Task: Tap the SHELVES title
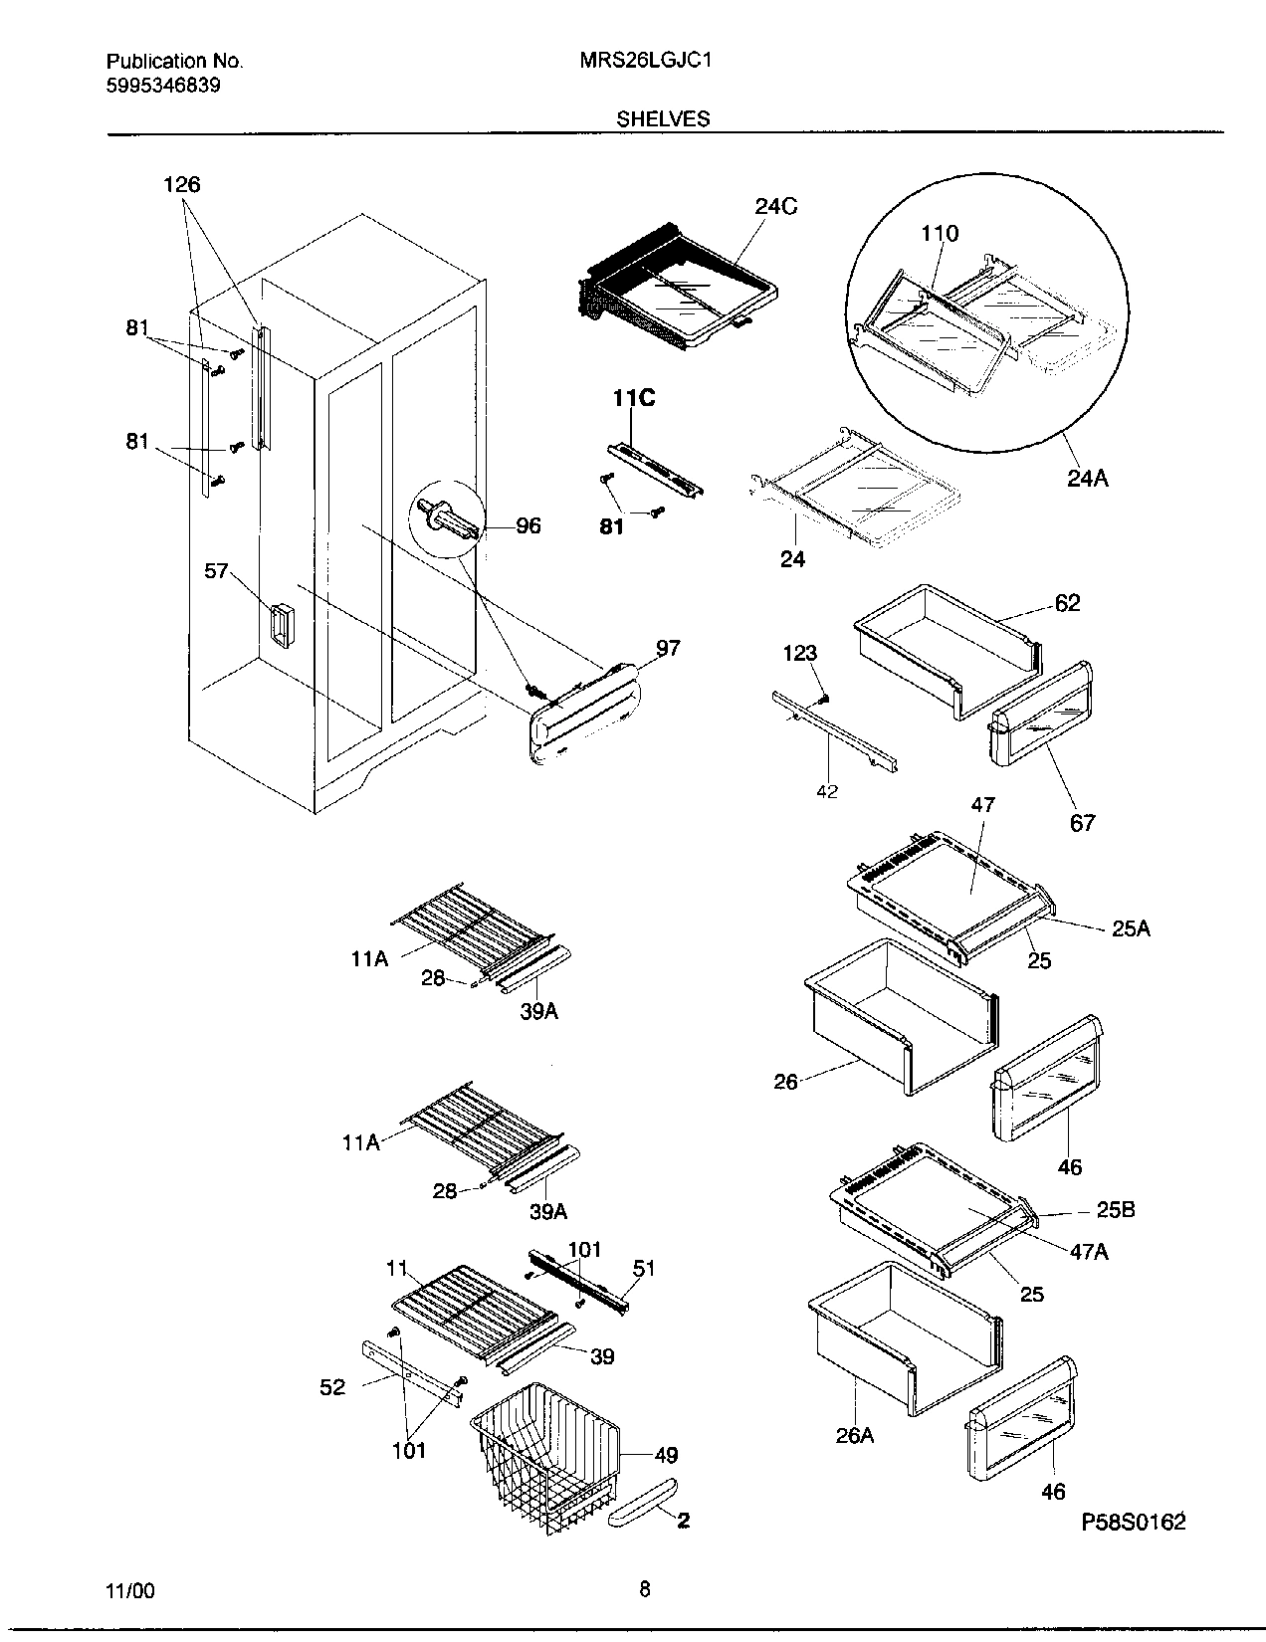click(663, 118)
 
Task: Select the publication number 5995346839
click(162, 86)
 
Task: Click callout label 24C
click(775, 207)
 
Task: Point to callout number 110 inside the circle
click(940, 233)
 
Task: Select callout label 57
click(216, 571)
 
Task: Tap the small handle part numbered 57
click(282, 627)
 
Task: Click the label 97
click(668, 648)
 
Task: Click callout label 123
click(799, 653)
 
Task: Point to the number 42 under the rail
click(827, 791)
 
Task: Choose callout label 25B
click(1116, 1210)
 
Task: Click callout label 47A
click(1088, 1252)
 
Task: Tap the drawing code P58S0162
click(1134, 1523)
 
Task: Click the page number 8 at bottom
click(645, 1589)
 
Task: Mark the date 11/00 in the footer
click(130, 1590)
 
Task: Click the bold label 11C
click(633, 399)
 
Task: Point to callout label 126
click(181, 184)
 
